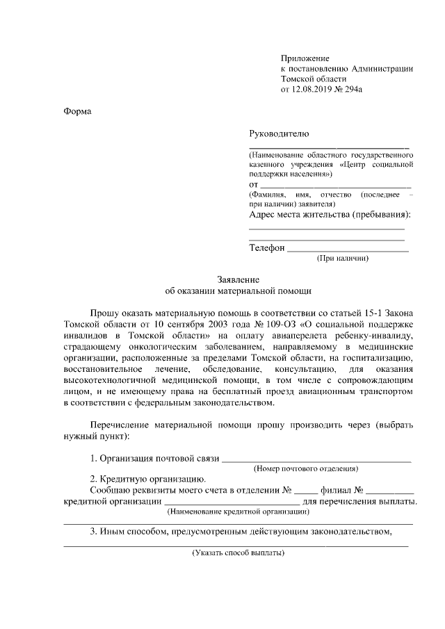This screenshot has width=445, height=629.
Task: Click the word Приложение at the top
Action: point(305,58)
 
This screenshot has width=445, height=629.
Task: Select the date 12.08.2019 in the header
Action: point(316,90)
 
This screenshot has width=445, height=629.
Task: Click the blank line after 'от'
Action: point(334,186)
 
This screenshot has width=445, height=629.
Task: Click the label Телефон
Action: point(267,247)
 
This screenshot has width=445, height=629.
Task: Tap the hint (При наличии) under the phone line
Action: point(342,259)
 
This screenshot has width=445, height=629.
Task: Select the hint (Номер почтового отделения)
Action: point(306,469)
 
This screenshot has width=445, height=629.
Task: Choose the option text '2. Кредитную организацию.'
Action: point(147,479)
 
